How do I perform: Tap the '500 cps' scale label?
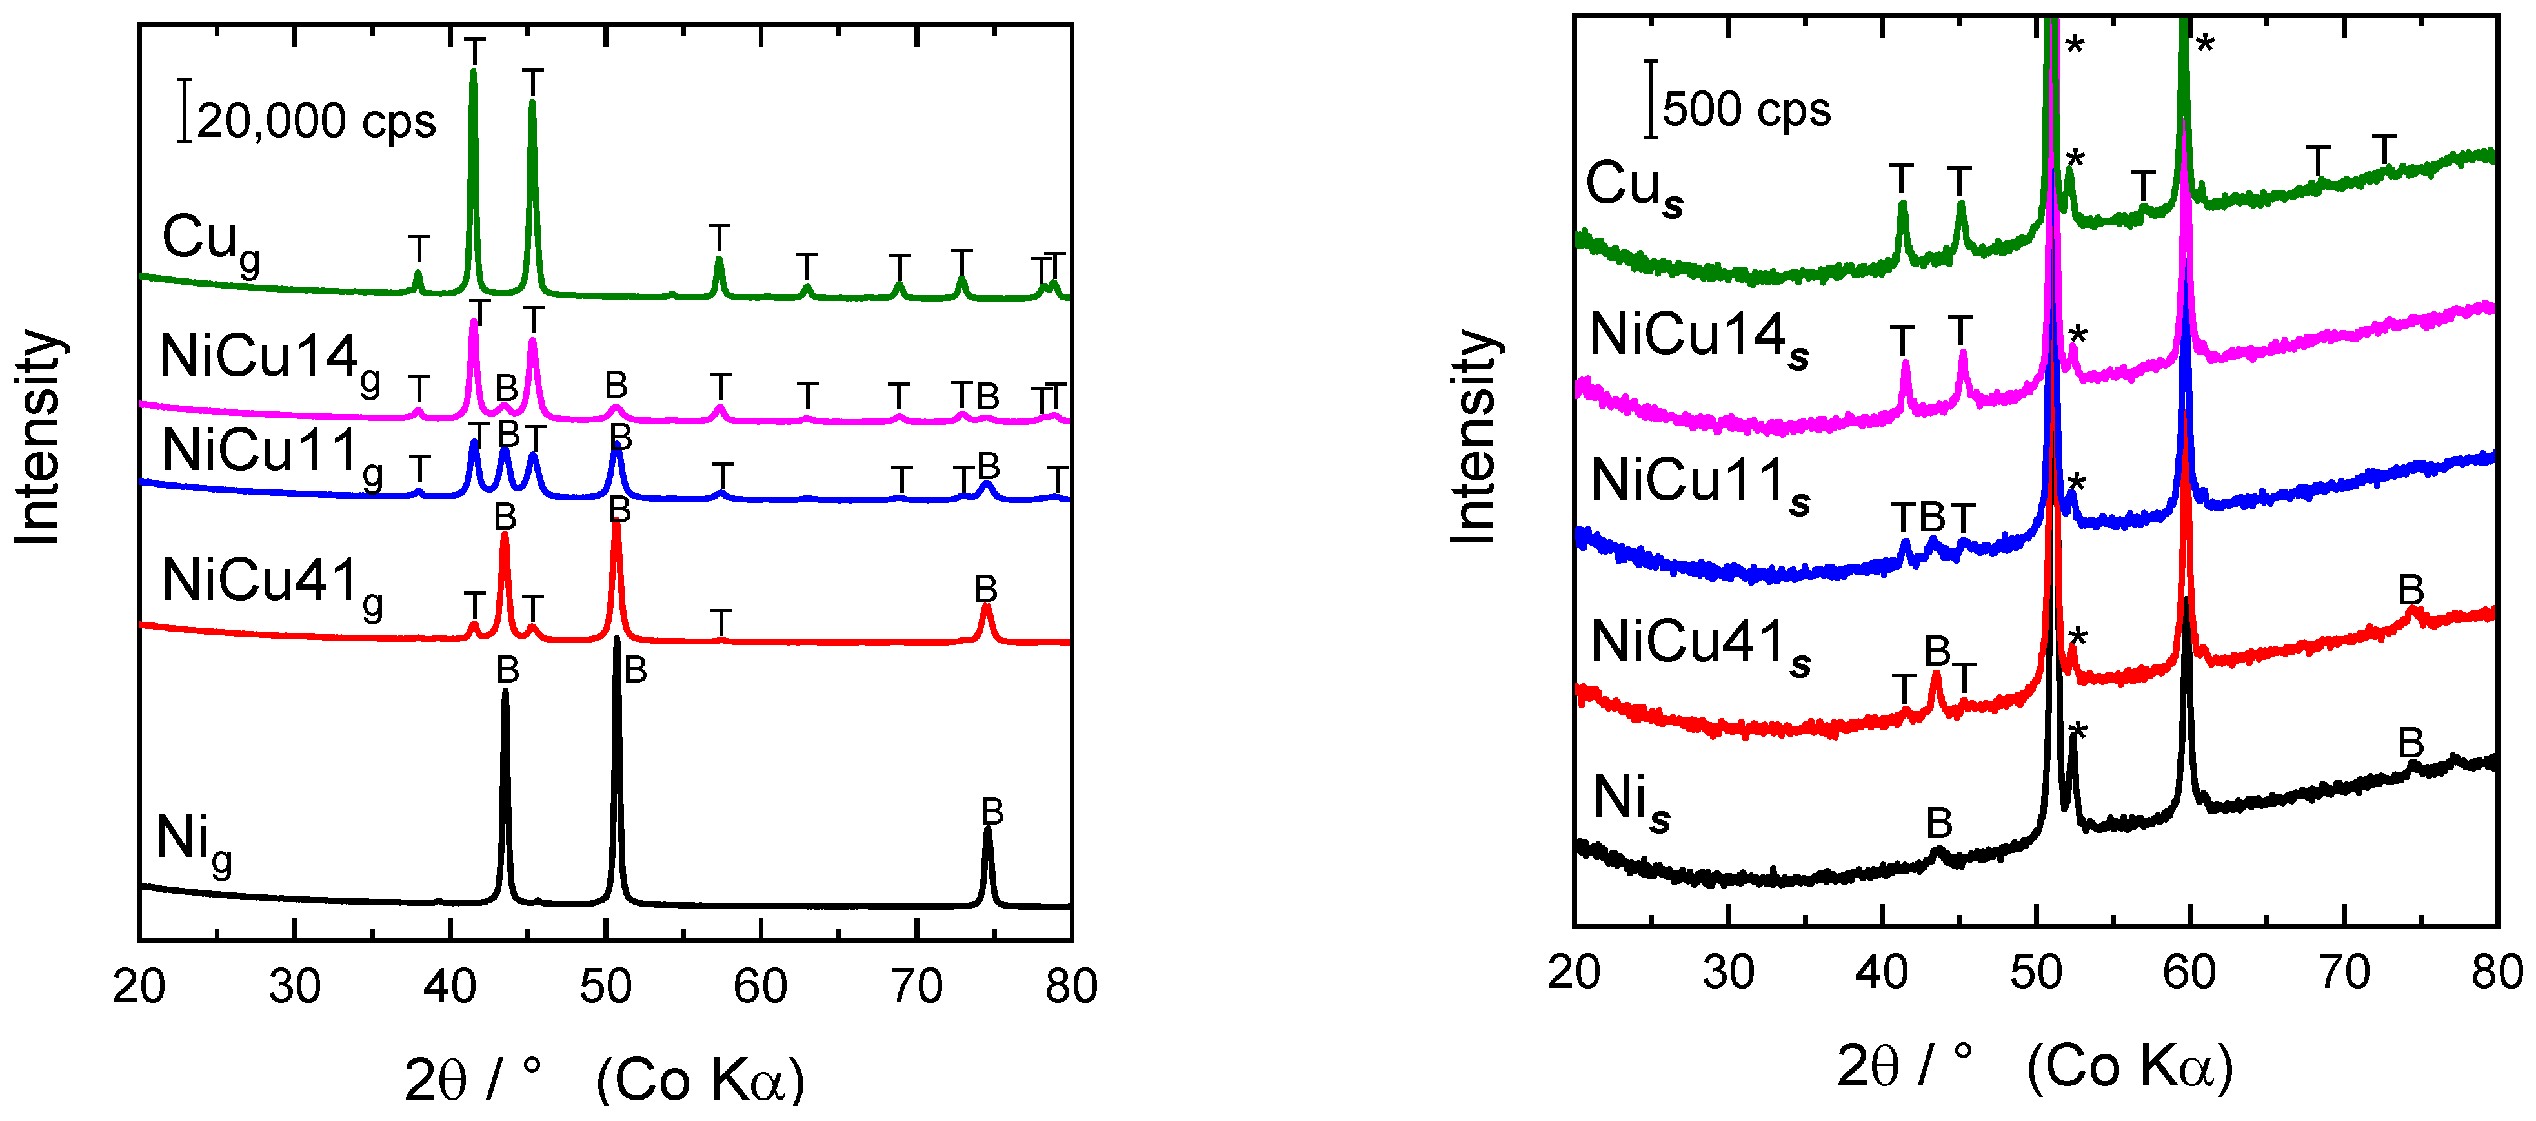1746,109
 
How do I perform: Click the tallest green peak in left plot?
474,74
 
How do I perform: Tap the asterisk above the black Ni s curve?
2077,732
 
